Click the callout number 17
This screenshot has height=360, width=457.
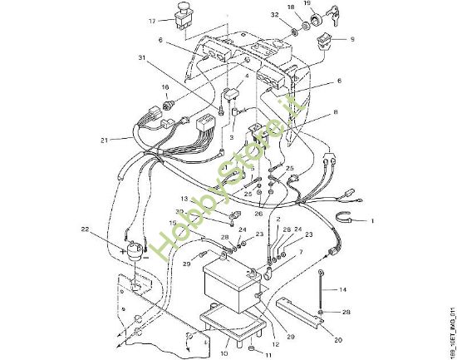click(x=152, y=21)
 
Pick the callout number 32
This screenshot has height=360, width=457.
click(x=273, y=15)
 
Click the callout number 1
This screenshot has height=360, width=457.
click(x=373, y=221)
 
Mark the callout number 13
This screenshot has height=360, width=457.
click(x=184, y=200)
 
